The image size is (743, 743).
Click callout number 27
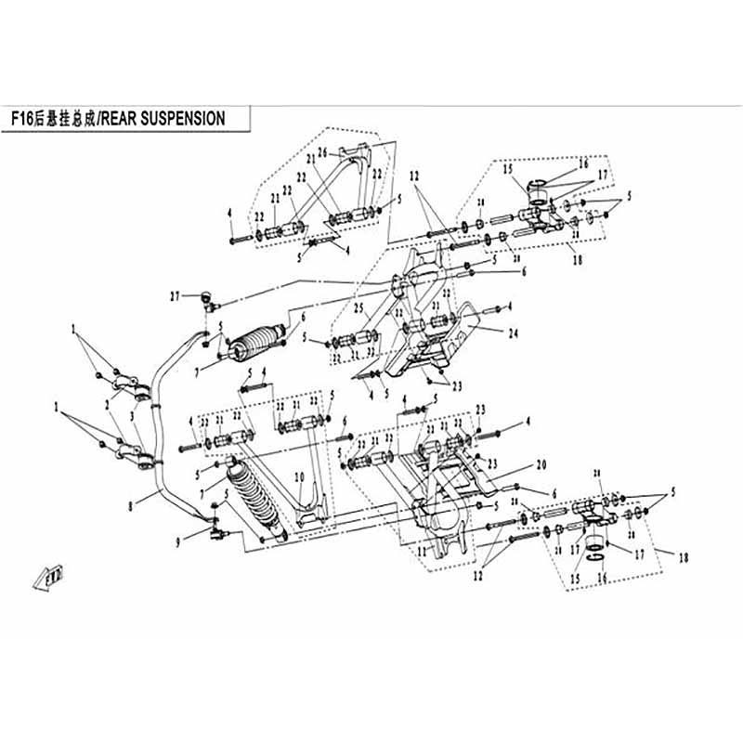(174, 296)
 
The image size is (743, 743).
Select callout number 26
(322, 152)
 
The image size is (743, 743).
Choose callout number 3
(137, 418)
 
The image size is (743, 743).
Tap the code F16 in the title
(22, 119)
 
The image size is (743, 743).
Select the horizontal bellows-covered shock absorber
(255, 340)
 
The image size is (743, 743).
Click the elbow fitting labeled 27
(206, 299)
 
